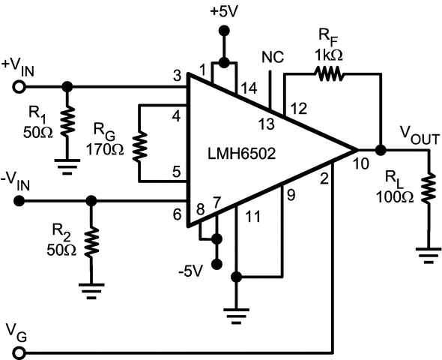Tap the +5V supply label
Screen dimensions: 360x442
223,10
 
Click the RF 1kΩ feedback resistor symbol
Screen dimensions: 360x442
330,73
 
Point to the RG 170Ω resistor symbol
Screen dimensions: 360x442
140,148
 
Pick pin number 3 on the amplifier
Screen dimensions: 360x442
177,76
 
